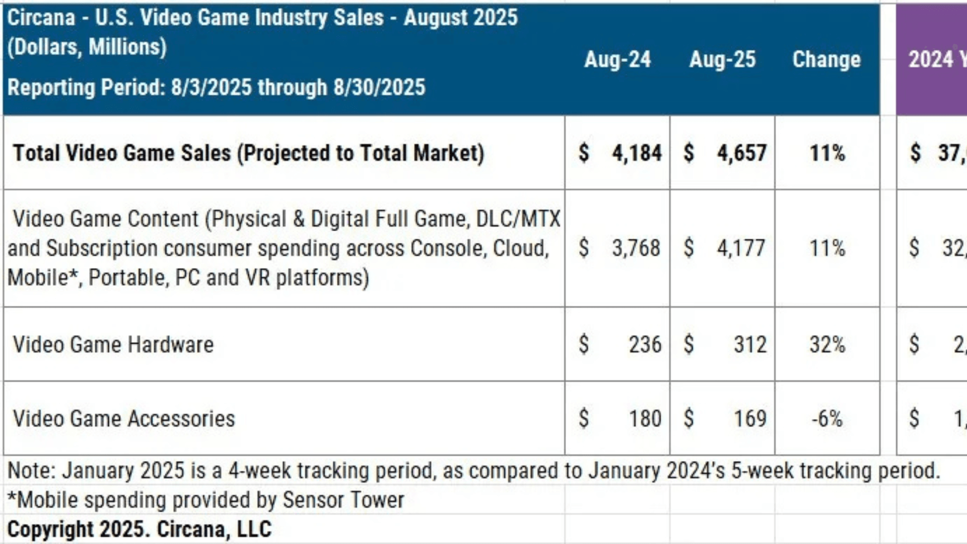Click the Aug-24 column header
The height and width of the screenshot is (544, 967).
coord(617,59)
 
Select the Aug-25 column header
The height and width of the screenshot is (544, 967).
coord(722,59)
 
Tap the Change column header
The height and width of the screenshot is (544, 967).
coord(826,59)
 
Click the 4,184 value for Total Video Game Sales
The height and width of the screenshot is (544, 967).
coord(637,153)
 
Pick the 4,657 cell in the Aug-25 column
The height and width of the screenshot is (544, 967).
coord(741,153)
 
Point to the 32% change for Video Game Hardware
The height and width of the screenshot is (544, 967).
coord(827,345)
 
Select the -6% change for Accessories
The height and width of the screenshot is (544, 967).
coord(827,419)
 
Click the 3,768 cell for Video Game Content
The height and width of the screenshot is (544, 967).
coord(636,248)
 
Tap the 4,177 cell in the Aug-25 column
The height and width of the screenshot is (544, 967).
coord(741,248)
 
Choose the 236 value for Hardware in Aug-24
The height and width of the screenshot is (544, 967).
coord(645,345)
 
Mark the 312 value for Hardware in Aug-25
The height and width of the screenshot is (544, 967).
coord(750,345)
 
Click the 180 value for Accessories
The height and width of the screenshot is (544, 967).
coord(645,419)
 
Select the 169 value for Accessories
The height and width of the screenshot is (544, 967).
coord(750,419)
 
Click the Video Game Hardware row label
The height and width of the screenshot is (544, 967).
coord(113,345)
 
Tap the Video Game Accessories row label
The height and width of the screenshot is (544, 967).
coord(124,419)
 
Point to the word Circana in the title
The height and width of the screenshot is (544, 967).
coord(41,18)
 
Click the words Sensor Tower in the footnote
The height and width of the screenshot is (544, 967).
coord(343,500)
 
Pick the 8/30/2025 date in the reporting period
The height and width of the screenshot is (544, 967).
coord(379,87)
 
